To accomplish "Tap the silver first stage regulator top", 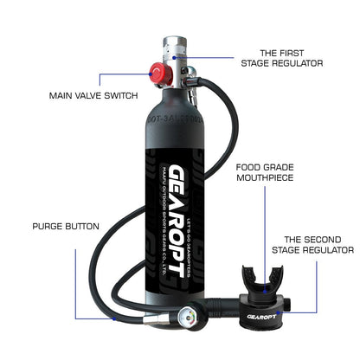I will tap(177, 45).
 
